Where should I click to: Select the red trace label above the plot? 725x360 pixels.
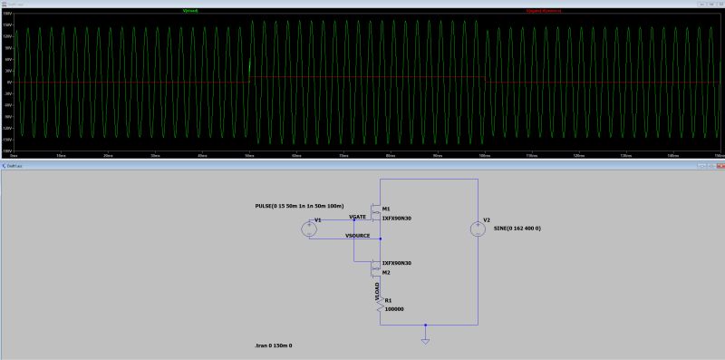point(544,11)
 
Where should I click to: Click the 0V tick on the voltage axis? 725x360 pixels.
point(7,82)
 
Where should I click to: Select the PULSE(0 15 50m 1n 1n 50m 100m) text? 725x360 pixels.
point(300,206)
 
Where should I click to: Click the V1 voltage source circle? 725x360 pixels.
point(308,229)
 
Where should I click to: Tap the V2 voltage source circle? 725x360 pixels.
point(477,229)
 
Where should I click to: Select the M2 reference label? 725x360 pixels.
point(386,271)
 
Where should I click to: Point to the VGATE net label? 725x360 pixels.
point(357,217)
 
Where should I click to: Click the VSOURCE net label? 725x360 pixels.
point(358,235)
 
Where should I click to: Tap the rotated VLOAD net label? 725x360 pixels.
point(377,290)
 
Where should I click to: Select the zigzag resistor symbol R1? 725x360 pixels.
point(380,306)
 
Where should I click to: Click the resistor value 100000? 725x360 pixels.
point(394,309)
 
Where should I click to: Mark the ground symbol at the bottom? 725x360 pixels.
point(425,341)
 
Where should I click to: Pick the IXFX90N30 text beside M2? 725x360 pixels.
point(397,262)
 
